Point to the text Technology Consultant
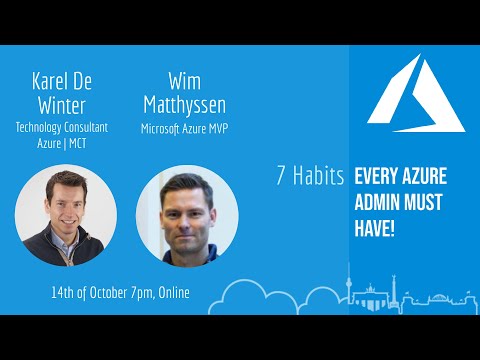[x=62, y=127]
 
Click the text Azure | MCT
[x=62, y=143]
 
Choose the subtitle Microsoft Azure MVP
[x=183, y=127]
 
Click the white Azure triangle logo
[x=414, y=88]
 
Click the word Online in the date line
[x=172, y=293]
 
